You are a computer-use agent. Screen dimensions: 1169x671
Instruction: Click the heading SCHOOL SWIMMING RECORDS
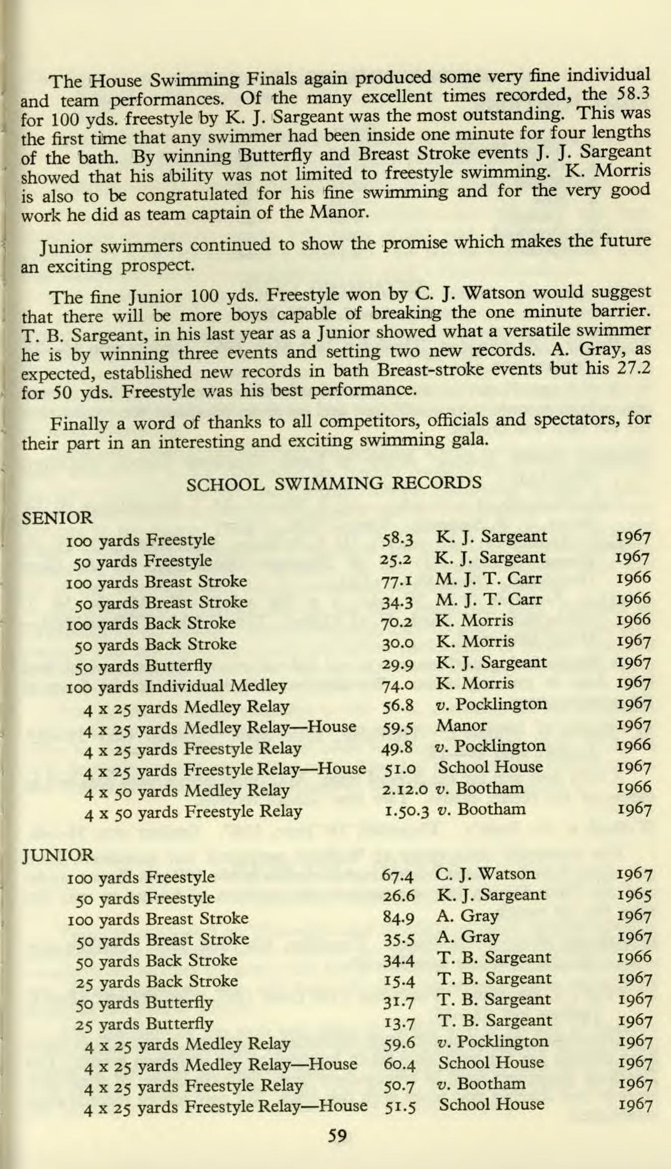[334, 483]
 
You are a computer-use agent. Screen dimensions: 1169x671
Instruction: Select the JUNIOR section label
[57, 854]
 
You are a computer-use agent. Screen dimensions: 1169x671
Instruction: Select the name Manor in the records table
[461, 725]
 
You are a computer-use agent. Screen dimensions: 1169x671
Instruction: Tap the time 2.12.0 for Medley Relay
[405, 789]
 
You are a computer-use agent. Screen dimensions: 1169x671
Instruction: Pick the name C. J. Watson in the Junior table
[485, 874]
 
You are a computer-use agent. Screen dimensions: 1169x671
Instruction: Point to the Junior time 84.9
[398, 918]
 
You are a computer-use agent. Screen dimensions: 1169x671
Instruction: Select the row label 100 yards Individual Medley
[176, 686]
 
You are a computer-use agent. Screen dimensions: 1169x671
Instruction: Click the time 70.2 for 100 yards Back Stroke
[398, 623]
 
